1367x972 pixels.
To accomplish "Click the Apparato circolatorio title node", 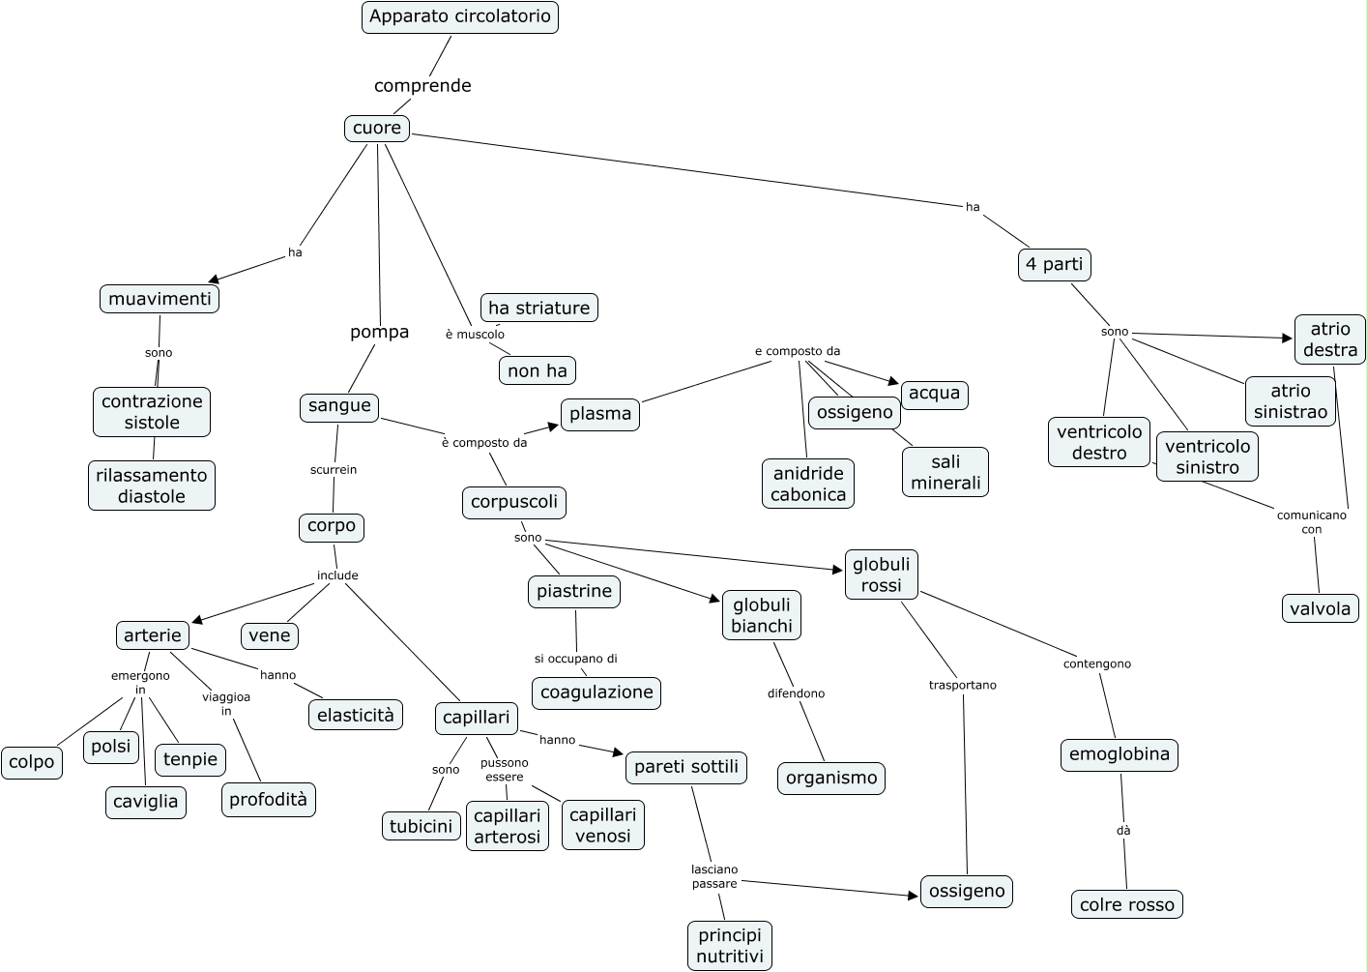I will (460, 17).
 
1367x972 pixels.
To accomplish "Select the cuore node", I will (377, 129).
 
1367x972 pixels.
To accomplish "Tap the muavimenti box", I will (160, 299).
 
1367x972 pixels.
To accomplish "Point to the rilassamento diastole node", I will (152, 486).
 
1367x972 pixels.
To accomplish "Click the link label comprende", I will (422, 86).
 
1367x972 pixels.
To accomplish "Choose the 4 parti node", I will (1055, 264).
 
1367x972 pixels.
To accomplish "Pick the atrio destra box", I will (1330, 339).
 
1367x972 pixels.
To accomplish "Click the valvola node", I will (1320, 608).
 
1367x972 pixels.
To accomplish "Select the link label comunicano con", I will (1311, 522).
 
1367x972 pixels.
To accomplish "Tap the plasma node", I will (600, 414).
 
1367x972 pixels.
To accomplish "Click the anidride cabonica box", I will (808, 484).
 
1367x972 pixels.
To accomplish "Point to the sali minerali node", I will (945, 472).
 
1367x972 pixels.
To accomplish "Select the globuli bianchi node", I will (762, 615).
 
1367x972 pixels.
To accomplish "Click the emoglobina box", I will (1120, 754).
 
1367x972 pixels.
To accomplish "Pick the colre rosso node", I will (1127, 905).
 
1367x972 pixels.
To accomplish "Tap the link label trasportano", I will (962, 686).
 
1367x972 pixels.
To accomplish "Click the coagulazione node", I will (596, 692).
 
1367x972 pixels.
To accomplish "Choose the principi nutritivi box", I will (730, 946).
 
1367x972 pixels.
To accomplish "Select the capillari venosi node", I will (602, 825).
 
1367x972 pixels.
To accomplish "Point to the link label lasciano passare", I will (714, 876).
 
